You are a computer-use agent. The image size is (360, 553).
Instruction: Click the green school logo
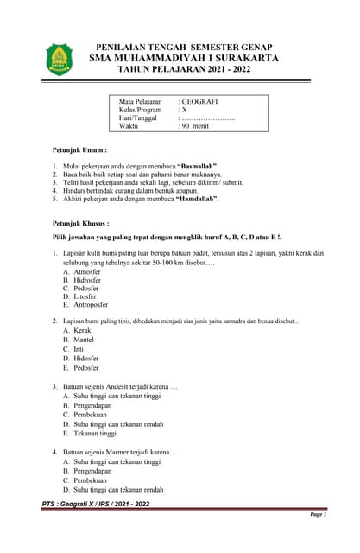point(60,60)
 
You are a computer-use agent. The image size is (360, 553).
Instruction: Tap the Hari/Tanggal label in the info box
point(139,118)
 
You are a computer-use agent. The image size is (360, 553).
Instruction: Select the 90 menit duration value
point(195,126)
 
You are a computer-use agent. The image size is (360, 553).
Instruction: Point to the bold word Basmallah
point(196,165)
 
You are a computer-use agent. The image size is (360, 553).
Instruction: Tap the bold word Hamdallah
point(198,199)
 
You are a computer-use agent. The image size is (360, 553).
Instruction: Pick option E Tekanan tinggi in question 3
point(94,433)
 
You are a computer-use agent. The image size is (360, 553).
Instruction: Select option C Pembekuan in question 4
point(92,480)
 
